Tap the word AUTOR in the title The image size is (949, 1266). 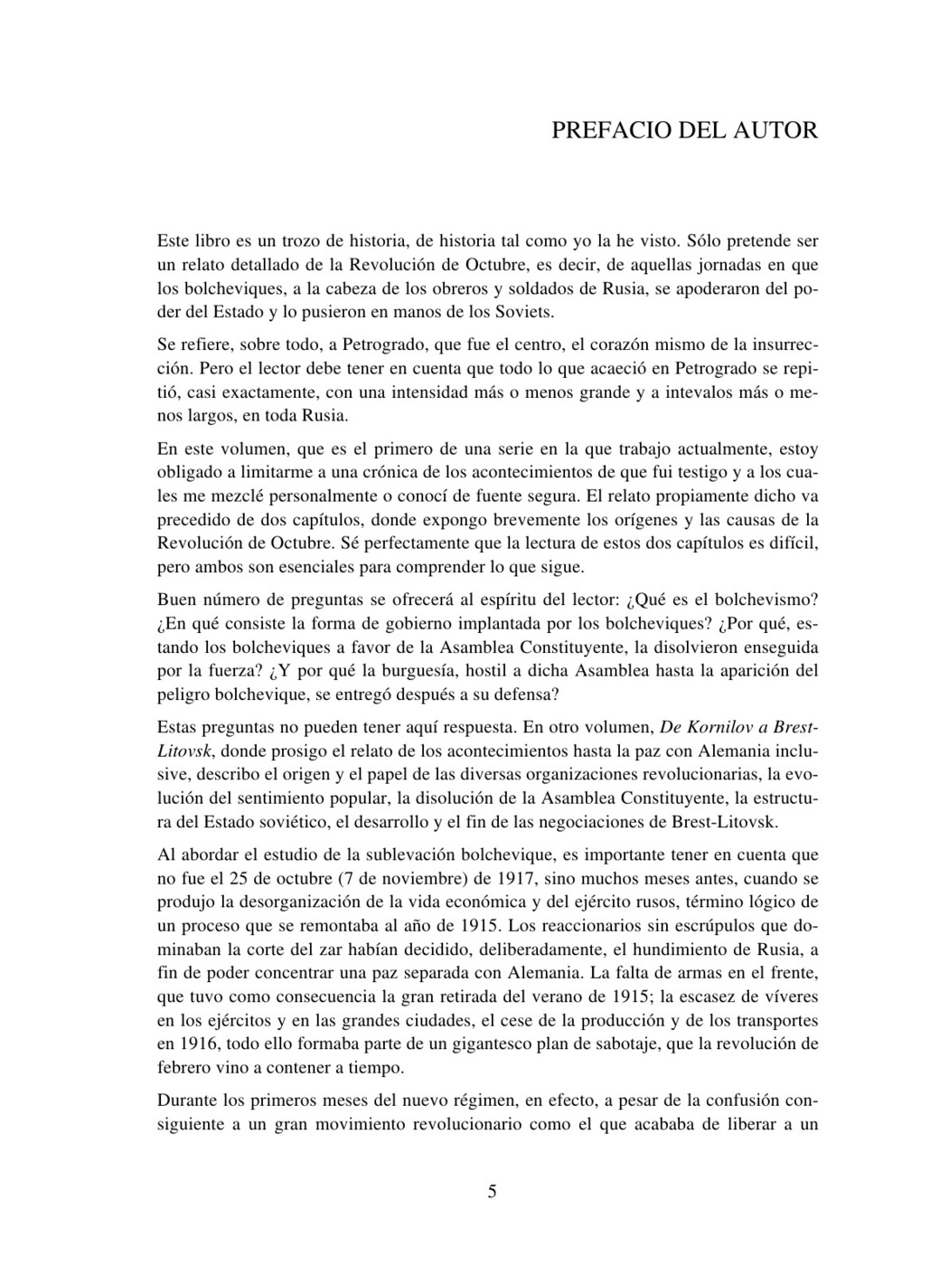pyautogui.click(x=777, y=130)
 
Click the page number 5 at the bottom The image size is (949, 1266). pyautogui.click(x=492, y=1191)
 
